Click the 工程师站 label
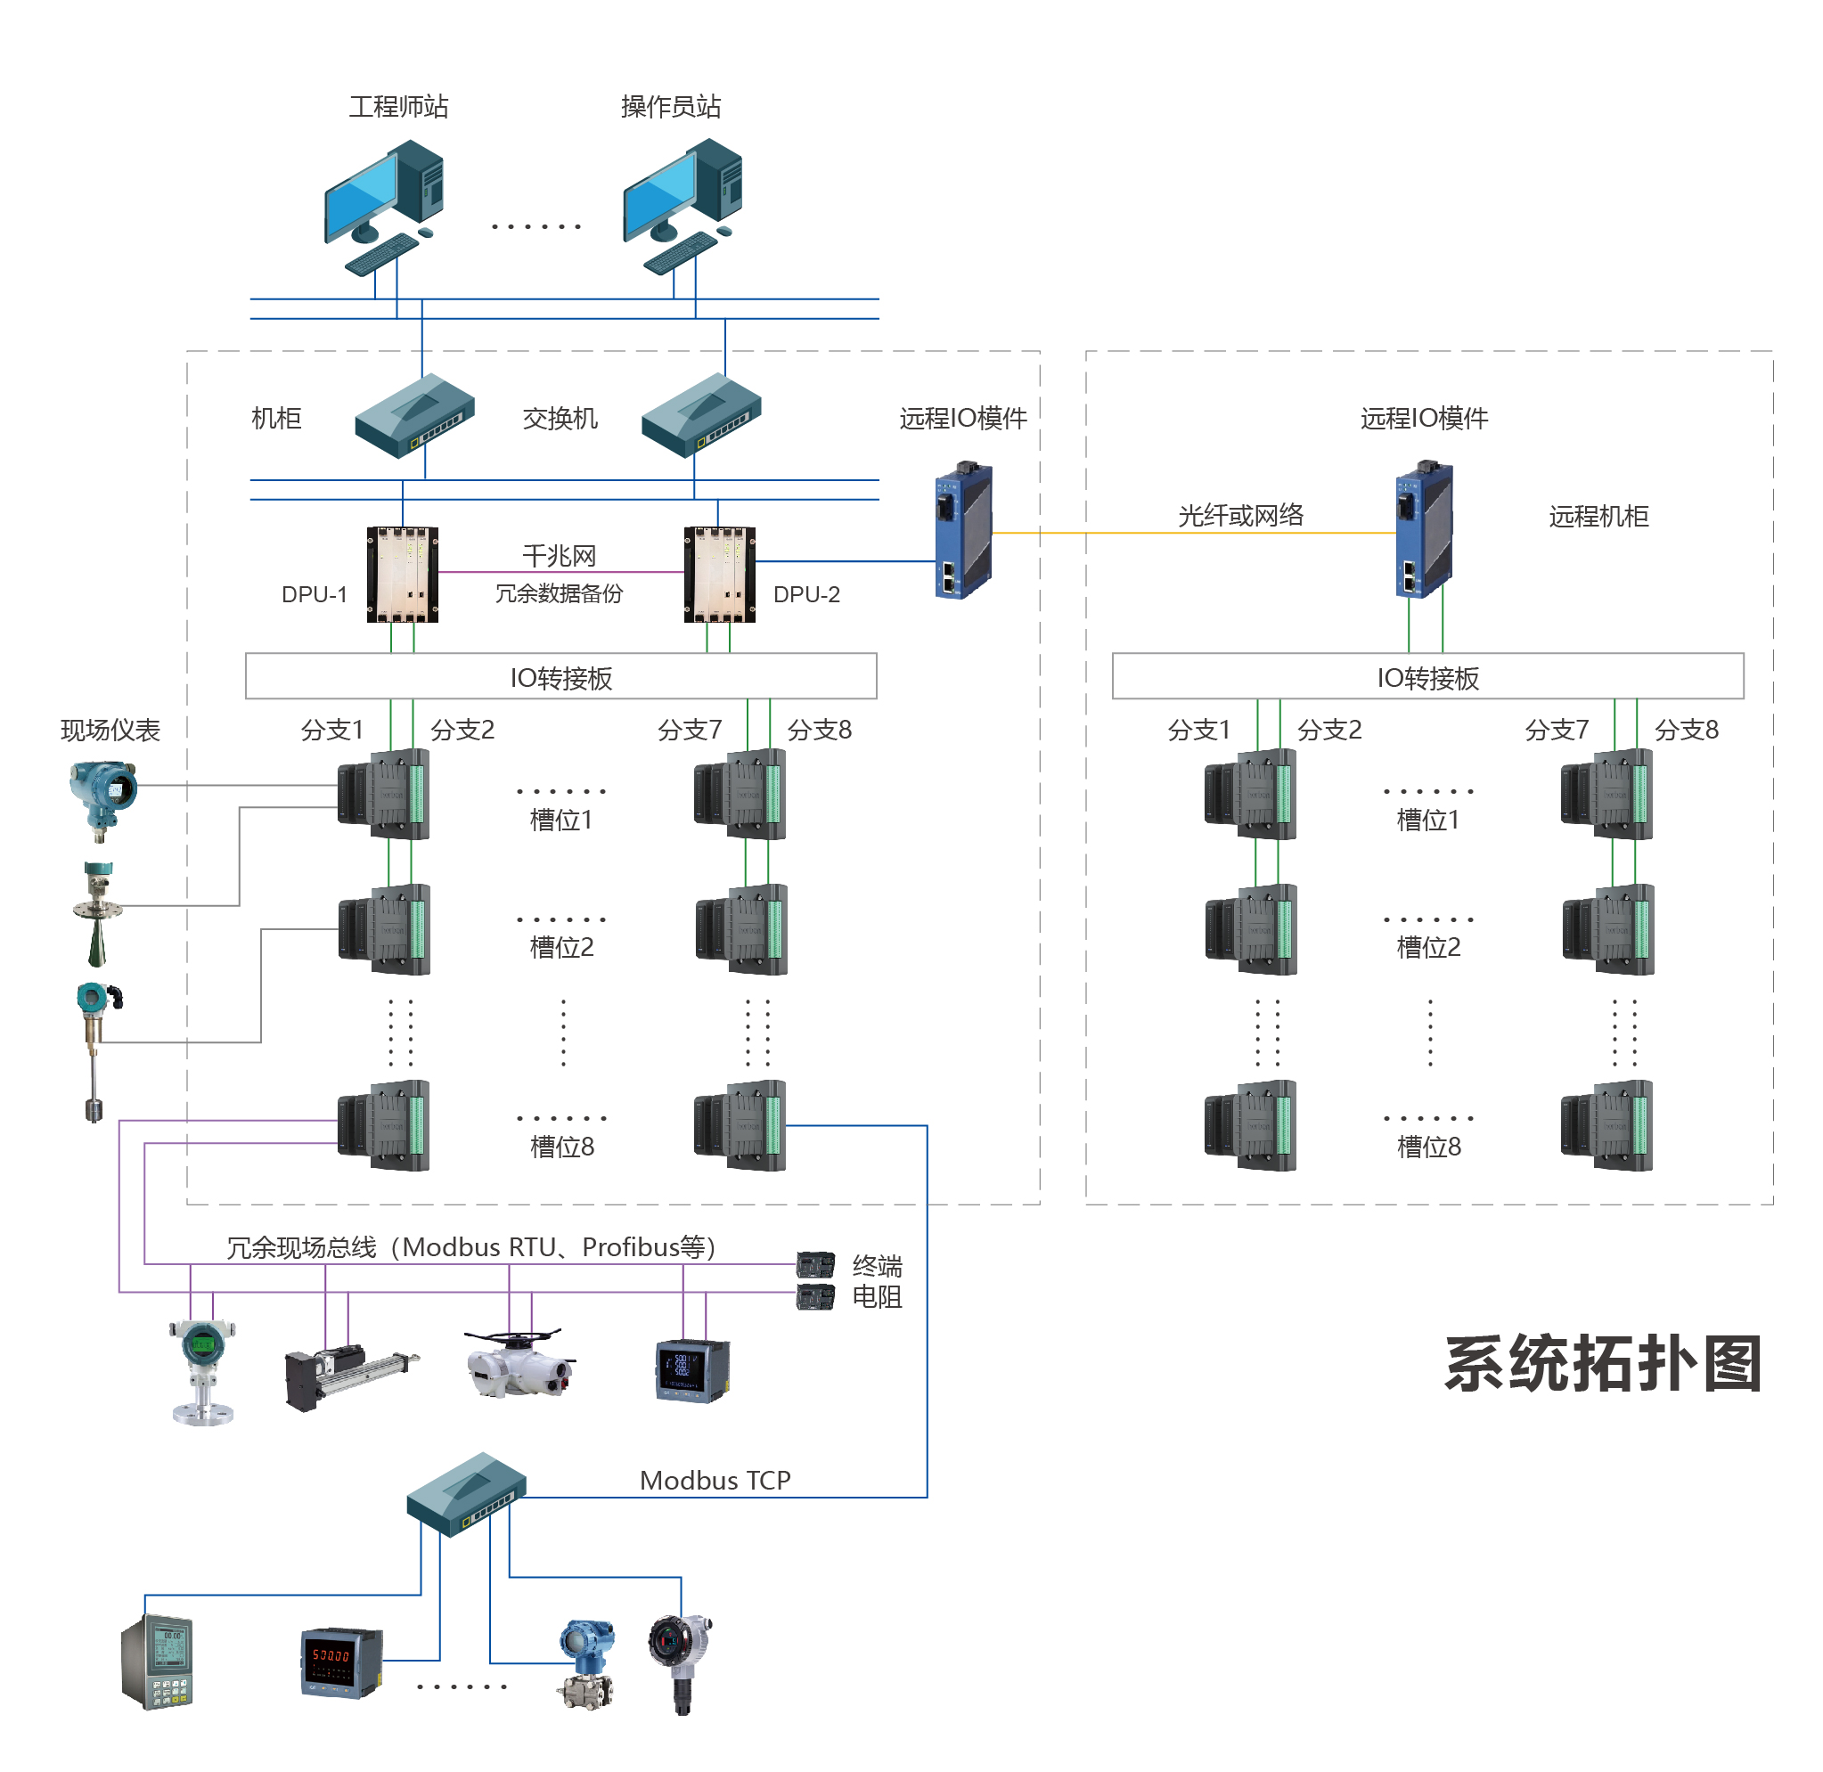coord(398,107)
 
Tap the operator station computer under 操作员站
coord(683,206)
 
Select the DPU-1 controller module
coord(402,575)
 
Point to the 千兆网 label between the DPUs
coord(559,556)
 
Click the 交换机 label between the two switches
coord(560,419)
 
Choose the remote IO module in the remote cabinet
coord(1424,528)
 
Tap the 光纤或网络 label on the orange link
coord(1239,516)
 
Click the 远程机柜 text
coord(1598,517)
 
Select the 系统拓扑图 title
coord(1602,1364)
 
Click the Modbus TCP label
coord(715,1481)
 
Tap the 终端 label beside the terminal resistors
coord(877,1267)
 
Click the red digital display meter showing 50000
coord(341,1662)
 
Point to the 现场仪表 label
coord(110,731)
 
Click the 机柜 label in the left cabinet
coord(276,419)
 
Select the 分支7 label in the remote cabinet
coord(1556,731)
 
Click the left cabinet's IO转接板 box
coord(560,677)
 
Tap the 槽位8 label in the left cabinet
coord(561,1147)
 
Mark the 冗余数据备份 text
coord(559,593)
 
